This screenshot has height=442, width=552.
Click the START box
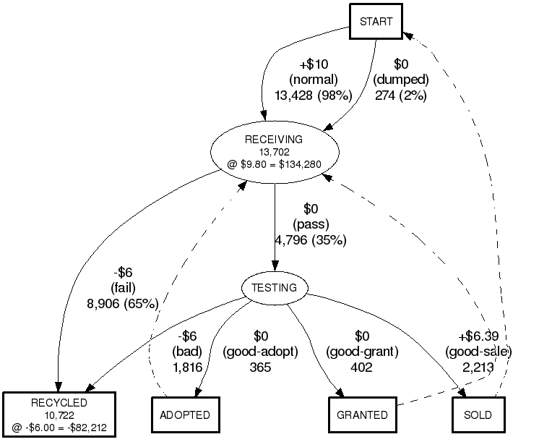(x=376, y=21)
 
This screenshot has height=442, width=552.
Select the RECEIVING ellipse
(x=274, y=151)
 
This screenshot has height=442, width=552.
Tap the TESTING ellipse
(x=274, y=288)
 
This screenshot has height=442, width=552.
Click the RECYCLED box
(x=59, y=415)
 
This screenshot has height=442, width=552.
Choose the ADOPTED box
(x=185, y=415)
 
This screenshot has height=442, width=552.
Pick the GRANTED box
(x=363, y=415)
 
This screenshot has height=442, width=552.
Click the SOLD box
(x=478, y=415)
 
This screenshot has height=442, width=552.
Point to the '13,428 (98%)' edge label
(x=313, y=95)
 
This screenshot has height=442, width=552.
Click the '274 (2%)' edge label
(x=401, y=95)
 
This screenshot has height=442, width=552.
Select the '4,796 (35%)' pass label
(x=311, y=239)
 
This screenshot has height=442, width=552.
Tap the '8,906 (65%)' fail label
(x=122, y=303)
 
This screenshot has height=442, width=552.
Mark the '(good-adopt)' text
(x=260, y=352)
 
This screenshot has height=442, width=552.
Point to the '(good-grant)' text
(x=361, y=352)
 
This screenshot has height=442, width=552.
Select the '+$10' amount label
(x=312, y=64)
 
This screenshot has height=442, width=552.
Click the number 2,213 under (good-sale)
(x=478, y=367)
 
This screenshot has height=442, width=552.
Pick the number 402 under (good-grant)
(x=361, y=367)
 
